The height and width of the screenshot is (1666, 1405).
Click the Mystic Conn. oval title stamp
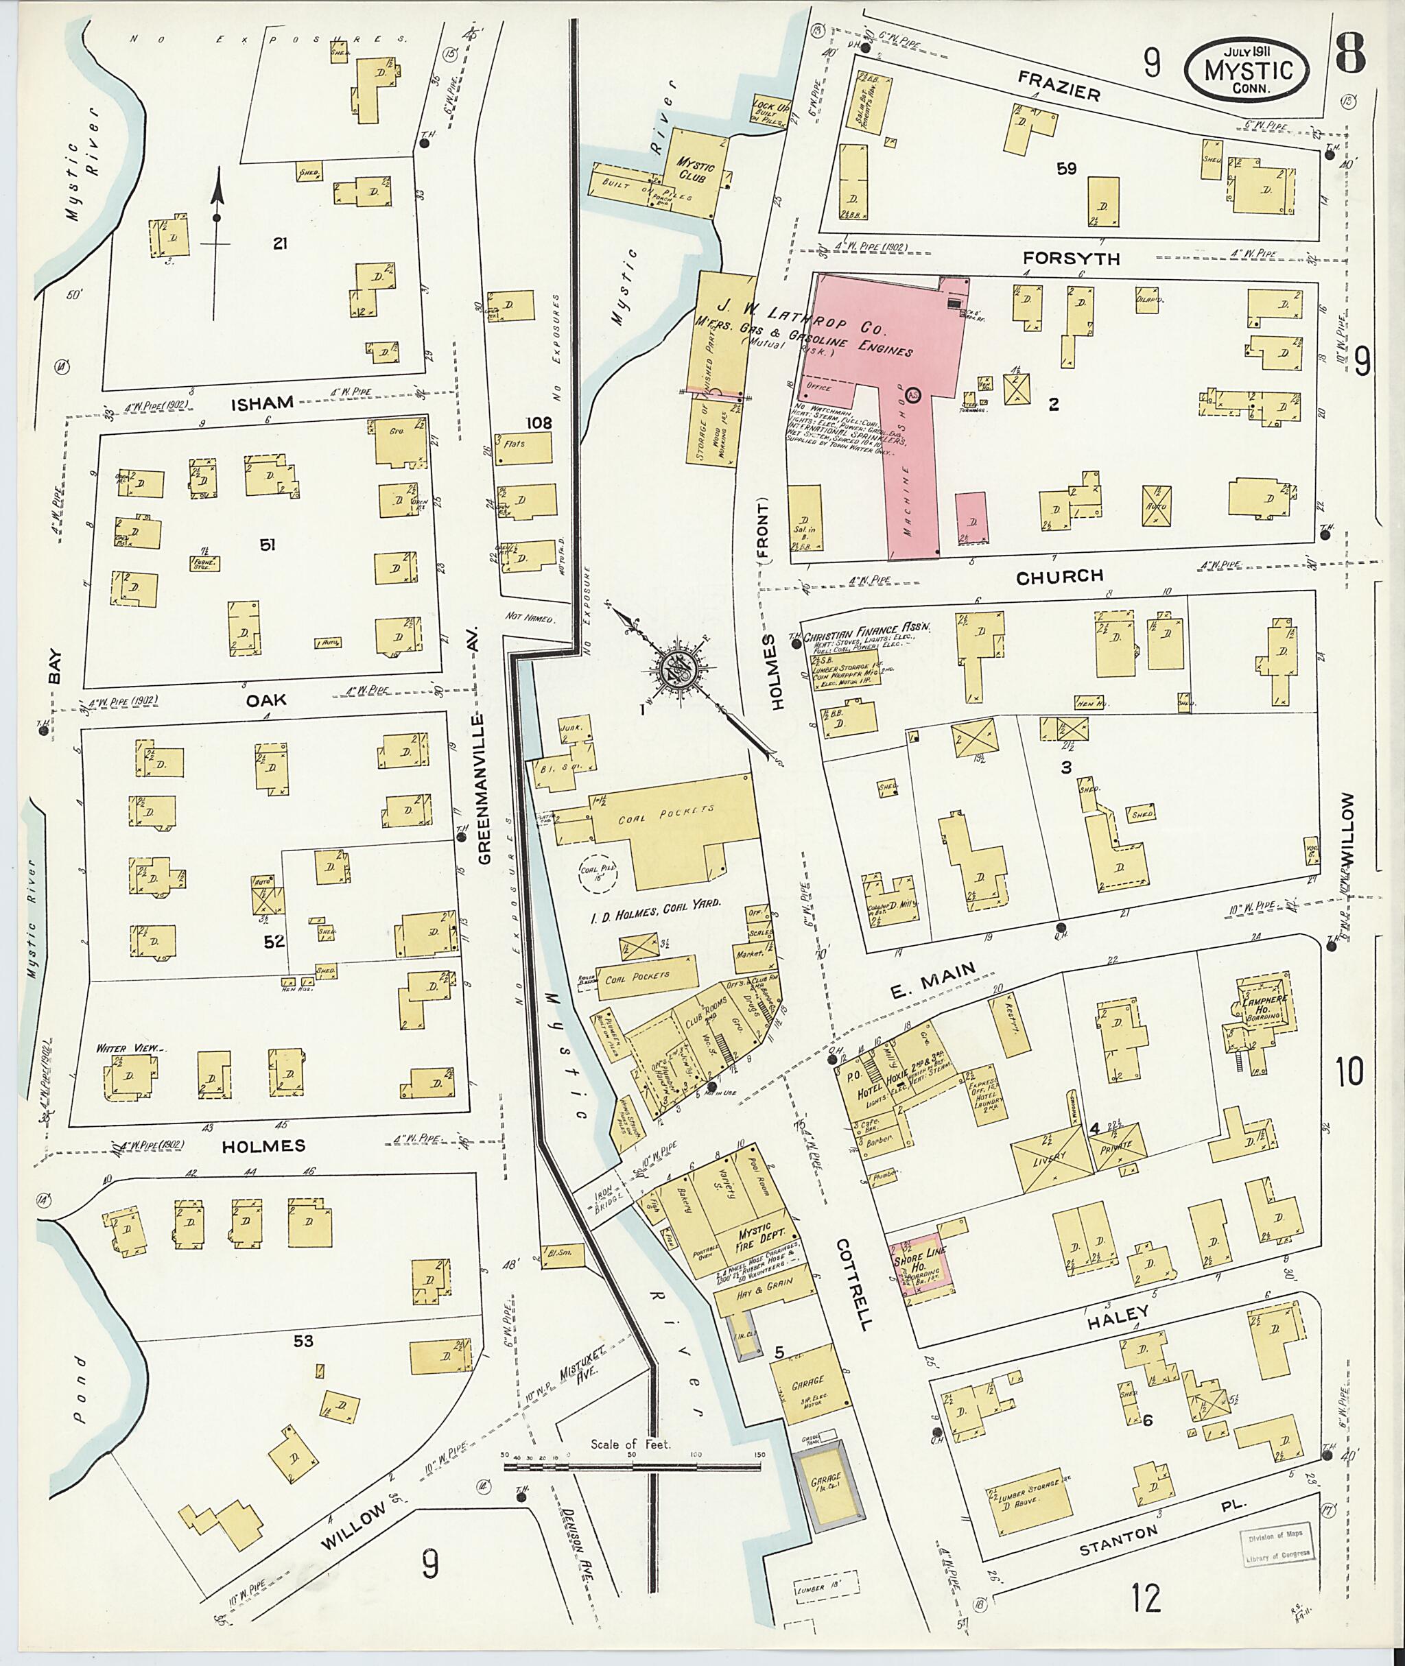pos(1247,70)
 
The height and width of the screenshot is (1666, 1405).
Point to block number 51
pos(268,545)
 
